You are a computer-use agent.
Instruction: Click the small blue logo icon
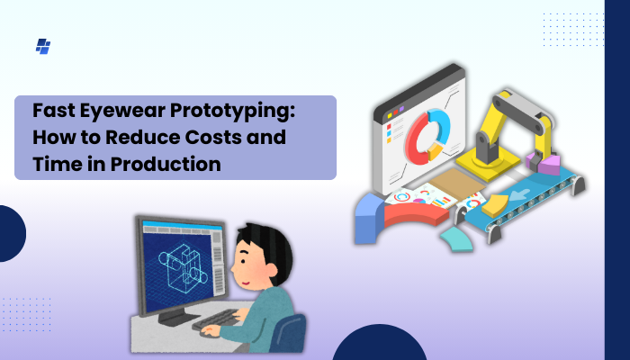[x=42, y=46]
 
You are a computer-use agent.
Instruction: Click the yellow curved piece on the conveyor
[x=493, y=207]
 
